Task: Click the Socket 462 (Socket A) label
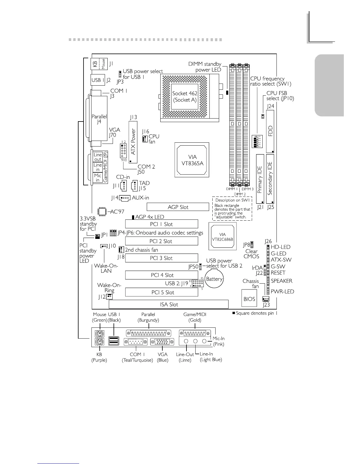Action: coord(185,96)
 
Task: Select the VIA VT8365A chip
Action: coord(192,160)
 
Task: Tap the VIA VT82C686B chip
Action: coord(222,237)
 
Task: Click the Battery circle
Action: coord(214,279)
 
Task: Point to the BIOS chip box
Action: coord(249,299)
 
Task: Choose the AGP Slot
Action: coord(178,207)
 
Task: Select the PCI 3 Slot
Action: coord(161,258)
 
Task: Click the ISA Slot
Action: coord(169,304)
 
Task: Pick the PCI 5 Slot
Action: coord(161,292)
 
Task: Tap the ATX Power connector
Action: coord(133,142)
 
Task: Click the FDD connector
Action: coord(270,131)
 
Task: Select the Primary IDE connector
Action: coord(260,179)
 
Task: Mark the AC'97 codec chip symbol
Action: coord(102,212)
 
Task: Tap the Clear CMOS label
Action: coord(251,254)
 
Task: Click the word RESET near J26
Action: coord(278,273)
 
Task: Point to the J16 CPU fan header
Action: coord(145,139)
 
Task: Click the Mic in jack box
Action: coord(98,177)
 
